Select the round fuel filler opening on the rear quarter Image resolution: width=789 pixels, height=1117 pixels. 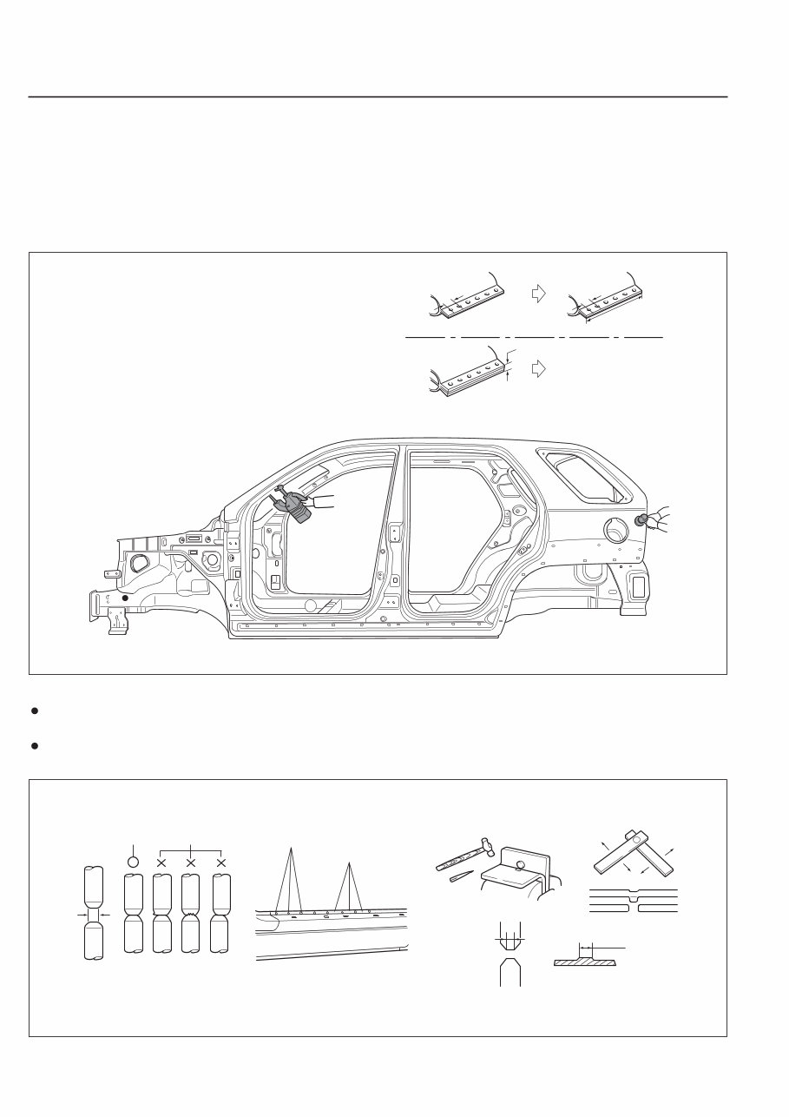tap(615, 527)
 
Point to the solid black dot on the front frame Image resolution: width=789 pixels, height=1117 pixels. tap(125, 598)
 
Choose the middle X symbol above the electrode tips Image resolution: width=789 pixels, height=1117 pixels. tap(190, 863)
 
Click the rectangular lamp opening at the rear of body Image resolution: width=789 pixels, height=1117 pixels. tap(638, 586)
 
